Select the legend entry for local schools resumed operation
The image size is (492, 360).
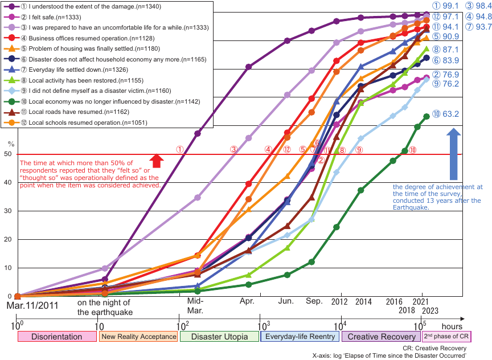(79, 123)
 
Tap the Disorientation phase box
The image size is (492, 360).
(58, 337)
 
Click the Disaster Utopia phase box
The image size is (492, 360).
(219, 337)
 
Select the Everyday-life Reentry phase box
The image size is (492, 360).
(300, 337)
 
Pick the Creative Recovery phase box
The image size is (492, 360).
(380, 337)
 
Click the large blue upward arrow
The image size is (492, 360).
(453, 154)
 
